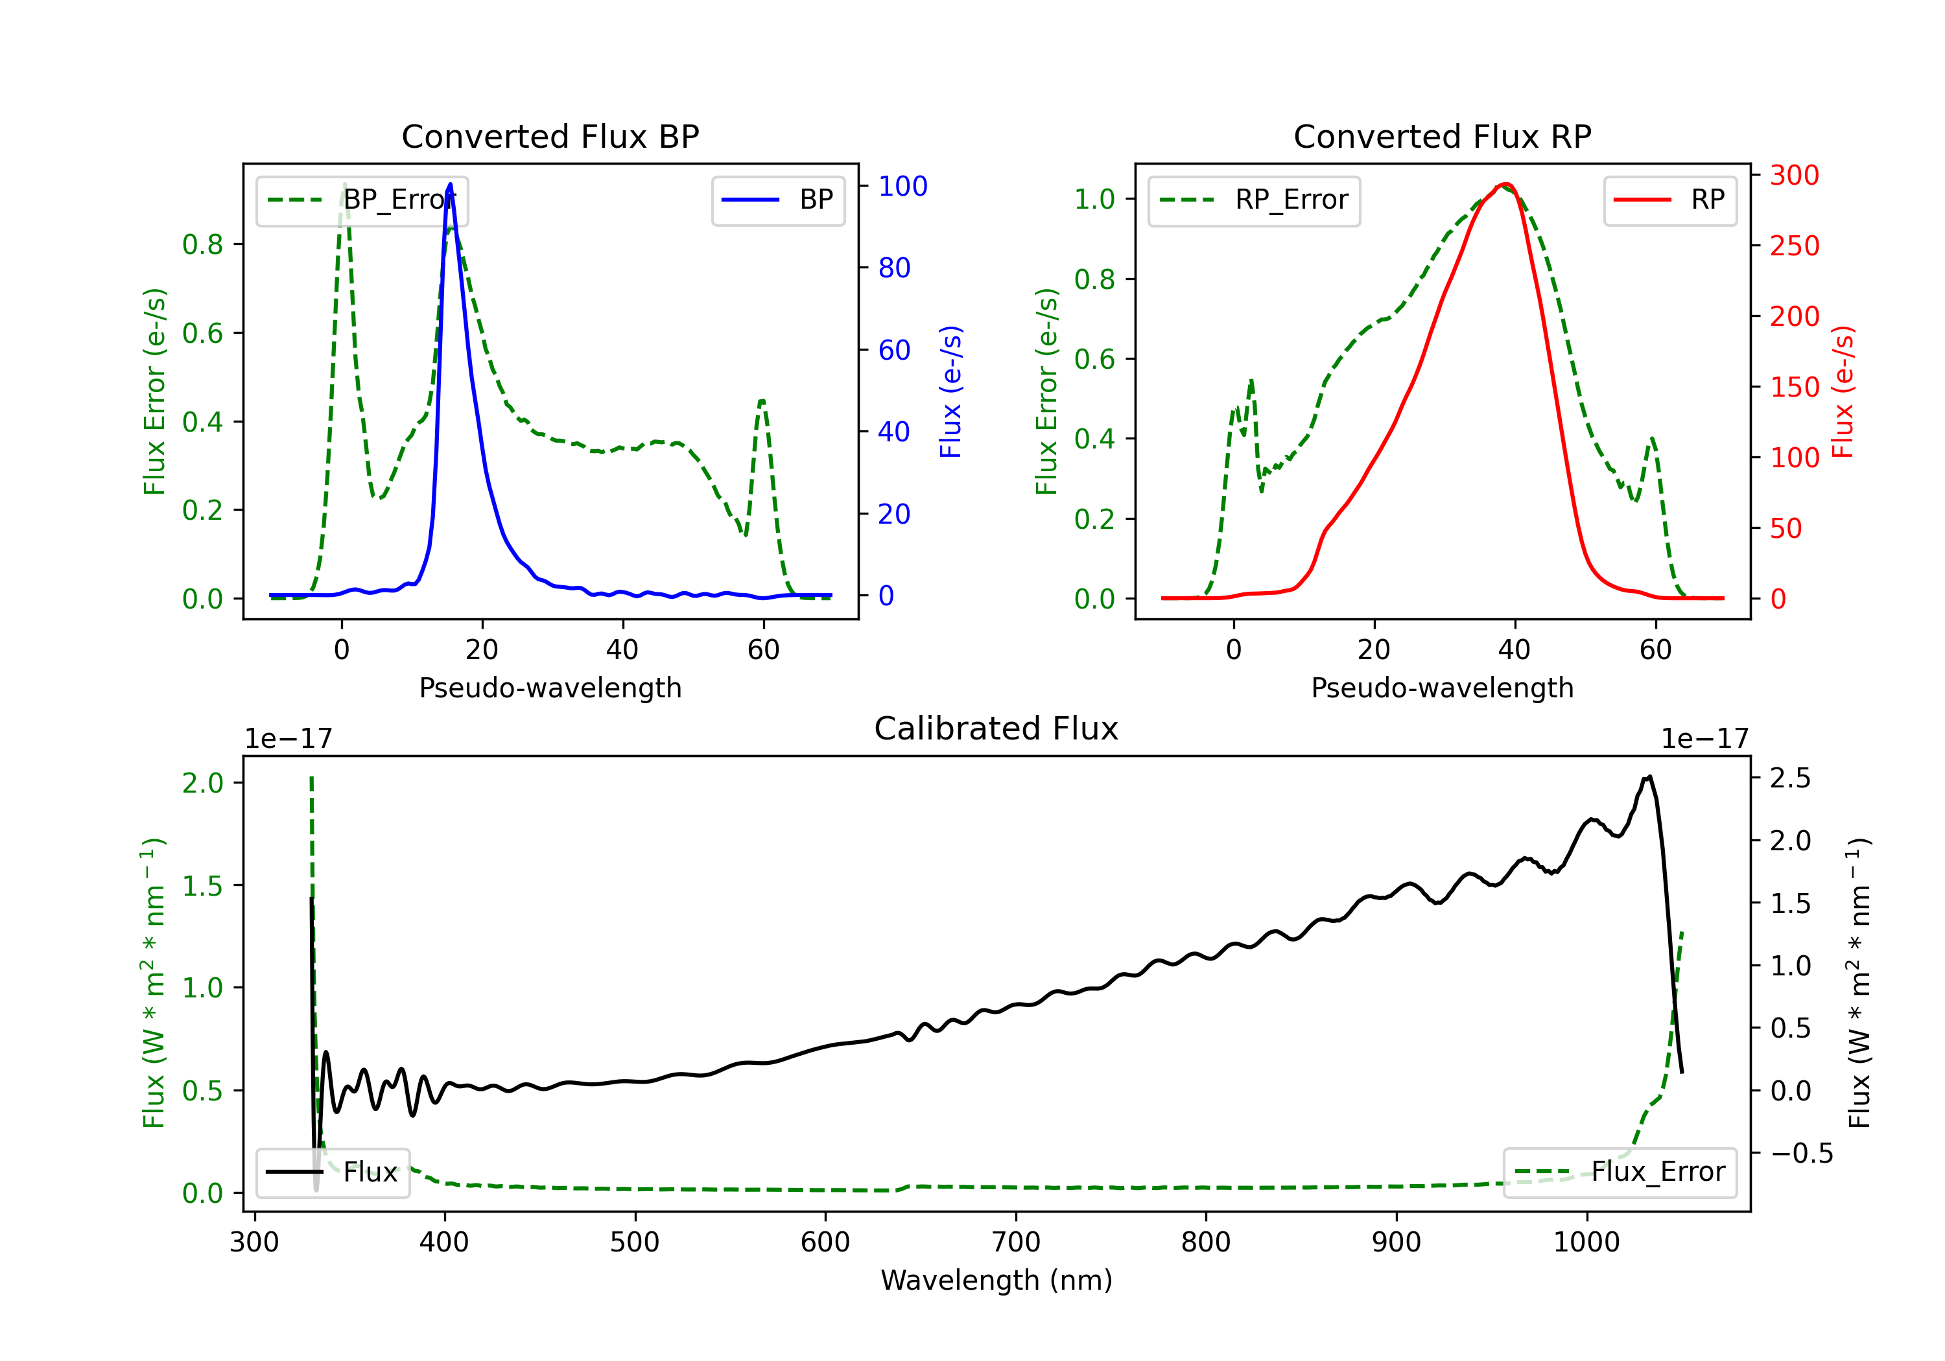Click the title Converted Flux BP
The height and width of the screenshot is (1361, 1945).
[550, 136]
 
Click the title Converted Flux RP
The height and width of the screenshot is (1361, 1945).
[1442, 136]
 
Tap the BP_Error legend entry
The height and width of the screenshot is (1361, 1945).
[362, 201]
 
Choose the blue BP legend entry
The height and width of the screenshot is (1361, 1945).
[777, 201]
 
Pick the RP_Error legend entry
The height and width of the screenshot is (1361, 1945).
[1254, 201]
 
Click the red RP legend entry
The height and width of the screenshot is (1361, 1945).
[1669, 201]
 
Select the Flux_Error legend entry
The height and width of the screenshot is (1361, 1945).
[1619, 1172]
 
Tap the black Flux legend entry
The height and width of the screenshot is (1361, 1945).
[333, 1172]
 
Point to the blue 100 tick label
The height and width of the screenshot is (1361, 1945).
[902, 186]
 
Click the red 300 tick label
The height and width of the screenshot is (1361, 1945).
[1794, 176]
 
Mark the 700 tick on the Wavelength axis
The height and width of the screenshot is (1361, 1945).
[1016, 1242]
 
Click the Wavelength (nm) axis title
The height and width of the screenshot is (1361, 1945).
[996, 1280]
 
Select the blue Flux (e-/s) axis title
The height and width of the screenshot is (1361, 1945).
[950, 391]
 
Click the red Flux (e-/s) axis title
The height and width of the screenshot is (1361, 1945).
[1843, 391]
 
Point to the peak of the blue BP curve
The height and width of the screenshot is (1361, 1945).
[450, 184]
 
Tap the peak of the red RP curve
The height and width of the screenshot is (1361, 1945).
[1505, 184]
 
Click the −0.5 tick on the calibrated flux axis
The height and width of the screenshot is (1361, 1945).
[1801, 1154]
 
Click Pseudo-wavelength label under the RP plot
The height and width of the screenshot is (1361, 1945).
[1442, 688]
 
